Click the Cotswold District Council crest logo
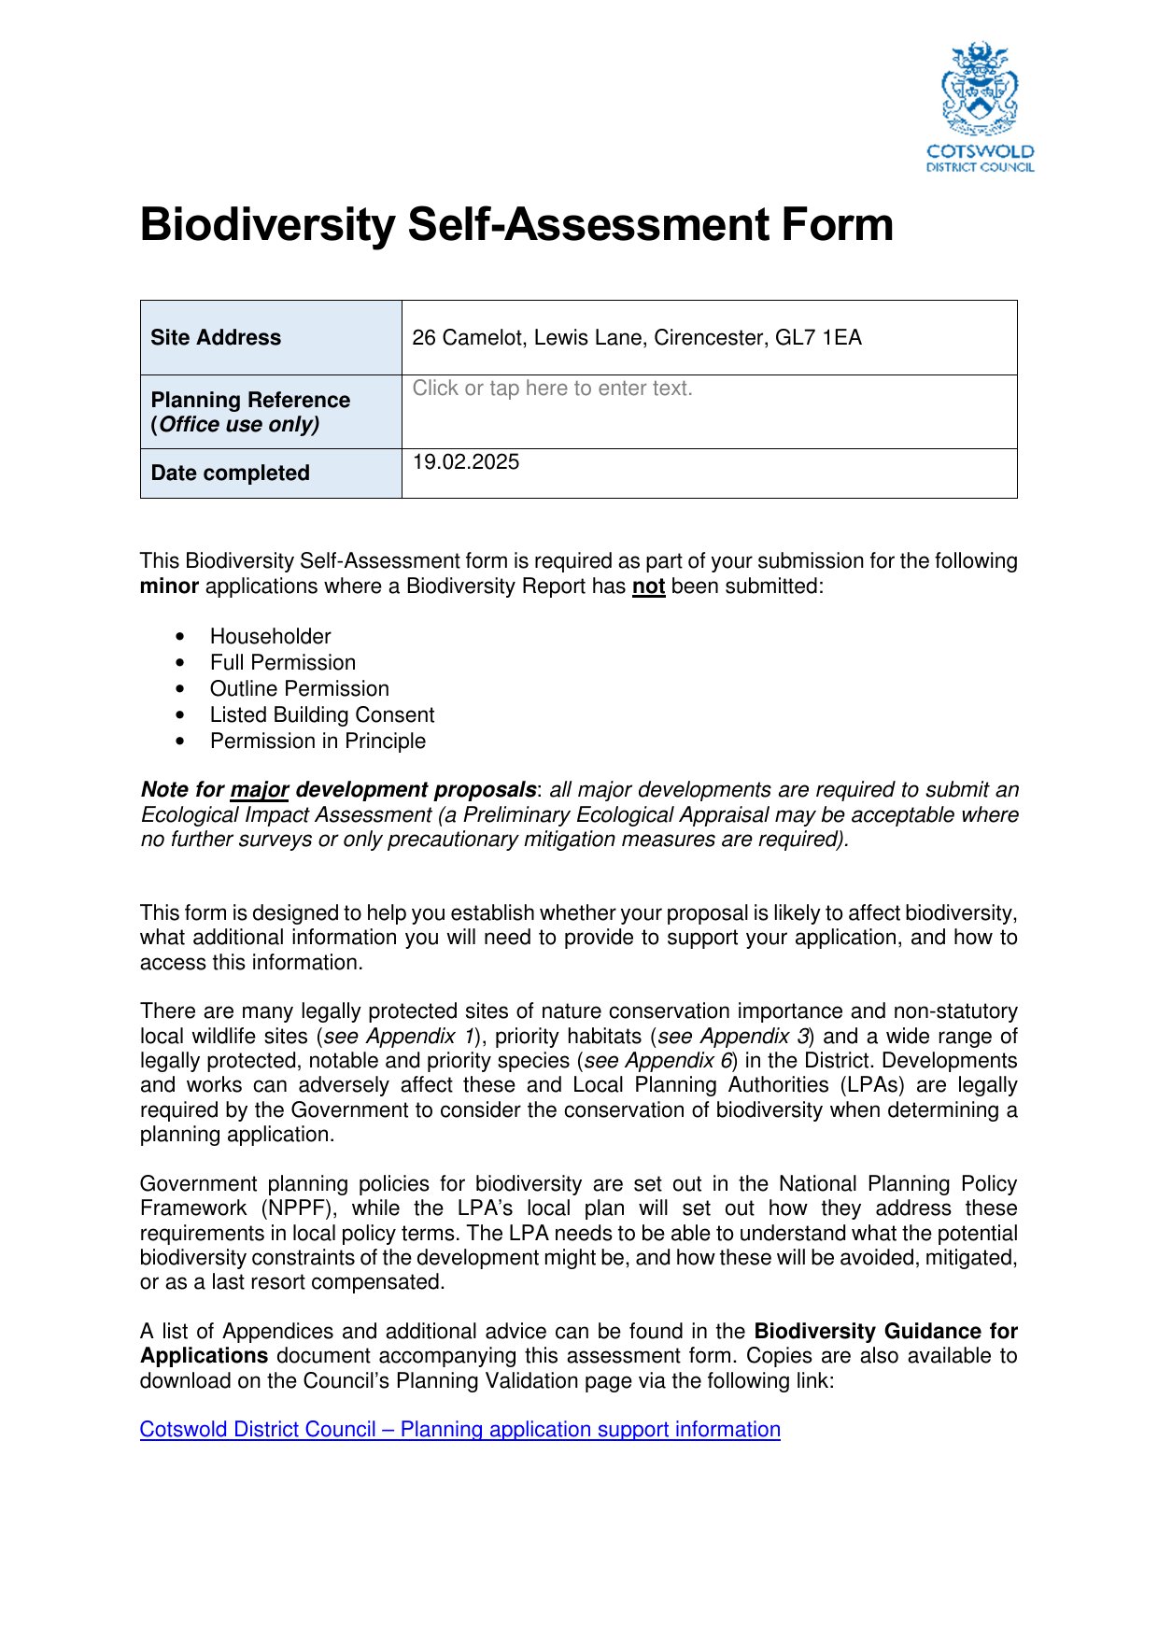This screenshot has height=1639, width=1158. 980,106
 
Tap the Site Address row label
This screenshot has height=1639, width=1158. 216,337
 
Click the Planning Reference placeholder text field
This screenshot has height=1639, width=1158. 552,389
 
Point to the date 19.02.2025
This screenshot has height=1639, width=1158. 466,462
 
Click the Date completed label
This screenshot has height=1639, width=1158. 230,473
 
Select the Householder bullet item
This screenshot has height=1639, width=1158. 270,636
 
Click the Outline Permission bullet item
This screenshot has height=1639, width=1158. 299,688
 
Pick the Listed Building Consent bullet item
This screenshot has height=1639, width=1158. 322,714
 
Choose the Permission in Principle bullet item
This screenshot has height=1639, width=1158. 318,741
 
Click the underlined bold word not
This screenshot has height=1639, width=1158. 648,586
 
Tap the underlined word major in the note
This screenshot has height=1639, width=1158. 260,790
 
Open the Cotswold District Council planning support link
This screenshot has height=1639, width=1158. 459,1430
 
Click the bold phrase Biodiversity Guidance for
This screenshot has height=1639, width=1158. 885,1331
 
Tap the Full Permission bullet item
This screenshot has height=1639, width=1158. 282,662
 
